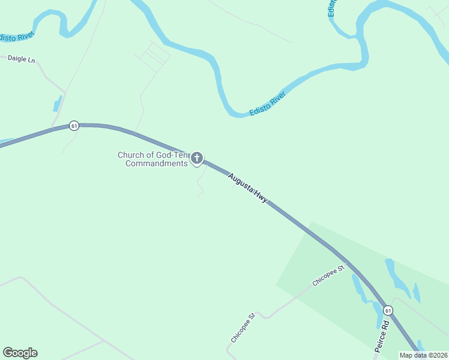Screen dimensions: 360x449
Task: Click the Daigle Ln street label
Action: [21, 59]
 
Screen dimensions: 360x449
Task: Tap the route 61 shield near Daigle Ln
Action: [74, 125]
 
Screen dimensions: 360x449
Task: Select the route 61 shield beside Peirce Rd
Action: [388, 310]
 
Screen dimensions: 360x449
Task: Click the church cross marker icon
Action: [196, 158]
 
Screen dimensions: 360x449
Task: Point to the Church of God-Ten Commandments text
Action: [153, 159]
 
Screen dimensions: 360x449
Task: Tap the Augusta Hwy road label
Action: [248, 187]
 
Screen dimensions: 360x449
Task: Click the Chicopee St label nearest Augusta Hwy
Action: [328, 274]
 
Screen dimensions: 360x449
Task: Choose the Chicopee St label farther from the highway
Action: [243, 327]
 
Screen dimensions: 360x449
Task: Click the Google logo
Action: [20, 353]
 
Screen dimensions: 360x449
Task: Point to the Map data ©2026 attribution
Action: [423, 355]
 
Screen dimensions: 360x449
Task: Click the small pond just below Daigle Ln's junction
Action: [58, 104]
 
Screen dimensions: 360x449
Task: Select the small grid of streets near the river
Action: [152, 56]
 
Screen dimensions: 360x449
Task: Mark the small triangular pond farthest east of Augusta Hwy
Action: [416, 293]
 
